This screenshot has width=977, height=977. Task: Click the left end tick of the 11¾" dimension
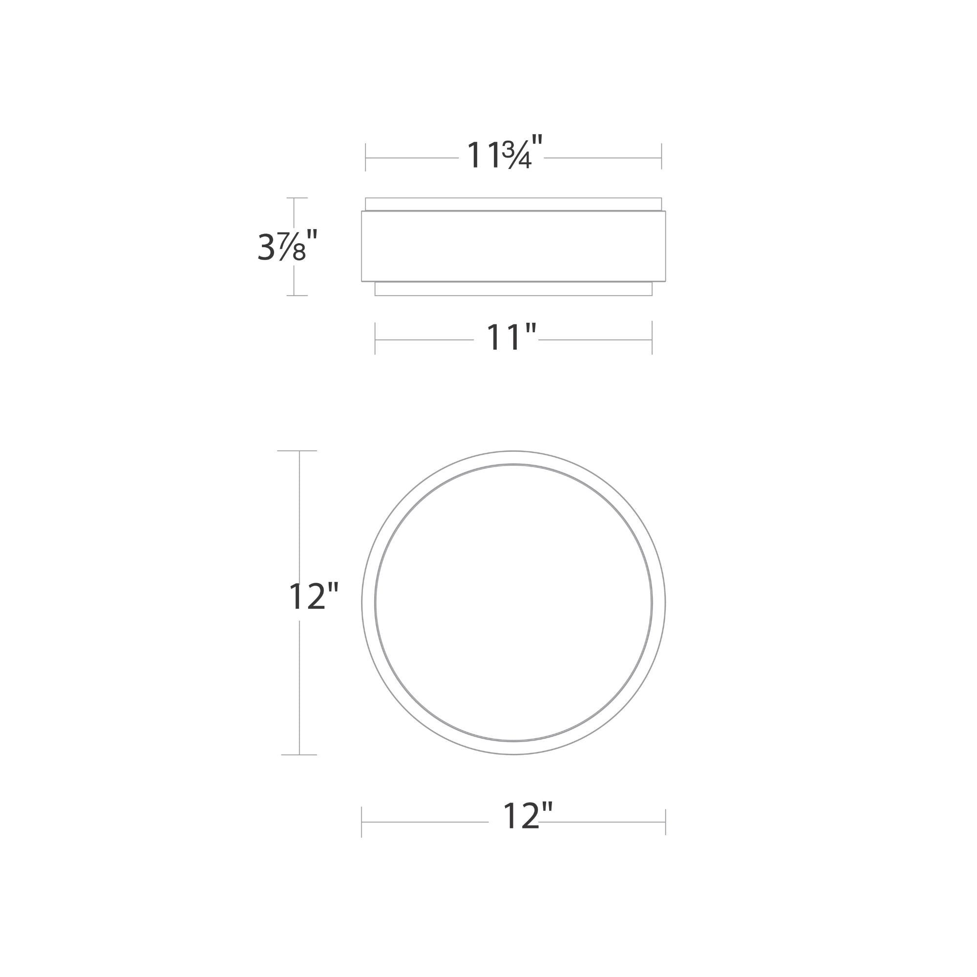(365, 157)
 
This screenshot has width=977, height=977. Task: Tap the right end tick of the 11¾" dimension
(661, 156)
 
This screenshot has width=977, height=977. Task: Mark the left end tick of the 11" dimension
(375, 338)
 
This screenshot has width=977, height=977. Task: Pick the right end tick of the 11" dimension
(652, 337)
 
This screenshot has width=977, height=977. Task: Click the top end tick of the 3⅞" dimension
(297, 198)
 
